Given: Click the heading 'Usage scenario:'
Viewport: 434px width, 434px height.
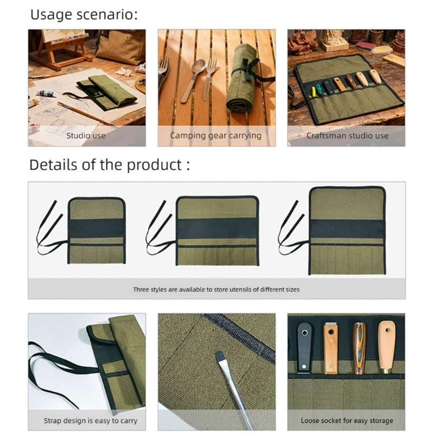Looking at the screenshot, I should [84, 15].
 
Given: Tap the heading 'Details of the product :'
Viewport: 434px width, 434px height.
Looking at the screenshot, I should [110, 164].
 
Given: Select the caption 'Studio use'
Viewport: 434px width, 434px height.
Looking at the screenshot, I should [86, 136].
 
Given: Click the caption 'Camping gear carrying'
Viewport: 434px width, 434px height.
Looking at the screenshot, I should [216, 136].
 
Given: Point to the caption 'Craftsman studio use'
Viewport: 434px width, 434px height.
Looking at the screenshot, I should [347, 136].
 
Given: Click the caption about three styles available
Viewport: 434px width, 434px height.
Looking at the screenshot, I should [216, 290].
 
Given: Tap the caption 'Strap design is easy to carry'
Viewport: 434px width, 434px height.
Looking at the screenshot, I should [91, 420].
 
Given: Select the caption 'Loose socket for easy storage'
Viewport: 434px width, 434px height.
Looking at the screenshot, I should [347, 420].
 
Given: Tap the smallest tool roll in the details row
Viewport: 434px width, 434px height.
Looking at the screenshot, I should [97, 231].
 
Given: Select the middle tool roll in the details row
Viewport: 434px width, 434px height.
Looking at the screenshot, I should [217, 231].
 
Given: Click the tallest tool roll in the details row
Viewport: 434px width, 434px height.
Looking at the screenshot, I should [347, 230].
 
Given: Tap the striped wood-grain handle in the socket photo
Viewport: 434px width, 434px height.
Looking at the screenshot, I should [359, 348].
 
